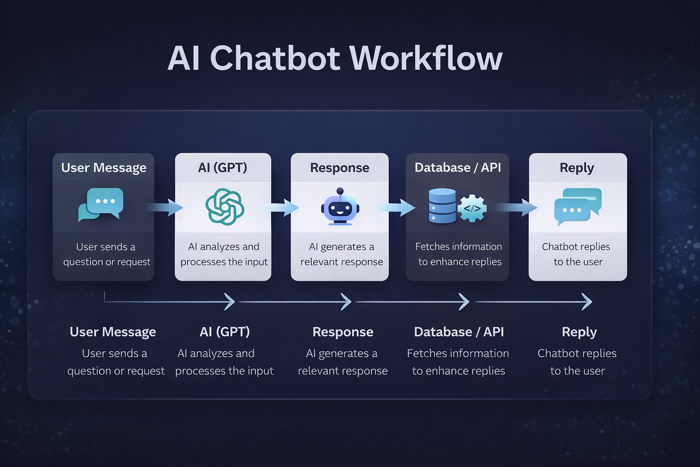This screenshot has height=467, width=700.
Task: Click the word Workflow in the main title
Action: [426, 58]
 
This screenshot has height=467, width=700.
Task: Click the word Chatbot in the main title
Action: [275, 58]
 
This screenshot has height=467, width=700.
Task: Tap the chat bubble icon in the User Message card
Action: [101, 204]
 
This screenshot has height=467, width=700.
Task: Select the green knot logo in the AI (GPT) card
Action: [225, 207]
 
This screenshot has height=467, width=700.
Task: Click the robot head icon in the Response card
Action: [340, 208]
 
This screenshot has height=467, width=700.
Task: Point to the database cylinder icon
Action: [442, 206]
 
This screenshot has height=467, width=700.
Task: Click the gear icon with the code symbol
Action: [472, 208]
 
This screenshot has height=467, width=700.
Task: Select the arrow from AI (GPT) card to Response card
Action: [281, 208]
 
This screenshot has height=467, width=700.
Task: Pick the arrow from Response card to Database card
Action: [396, 208]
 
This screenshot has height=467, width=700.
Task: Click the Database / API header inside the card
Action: [458, 168]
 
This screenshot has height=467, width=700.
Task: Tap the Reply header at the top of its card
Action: [577, 168]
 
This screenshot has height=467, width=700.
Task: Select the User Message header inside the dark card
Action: [104, 168]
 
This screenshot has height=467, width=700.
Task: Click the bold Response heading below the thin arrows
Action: [343, 332]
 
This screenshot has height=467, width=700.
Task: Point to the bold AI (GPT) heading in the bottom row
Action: [225, 332]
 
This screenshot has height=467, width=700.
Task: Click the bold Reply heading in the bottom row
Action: [579, 332]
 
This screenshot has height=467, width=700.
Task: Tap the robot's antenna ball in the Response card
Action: [340, 191]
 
